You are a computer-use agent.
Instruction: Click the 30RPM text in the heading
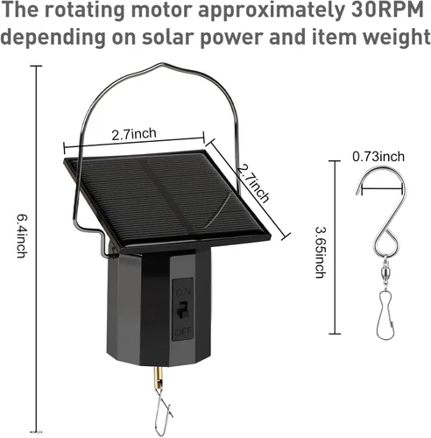(387, 10)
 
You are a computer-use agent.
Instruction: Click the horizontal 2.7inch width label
(134, 134)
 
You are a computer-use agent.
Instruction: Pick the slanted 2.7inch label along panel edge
(253, 183)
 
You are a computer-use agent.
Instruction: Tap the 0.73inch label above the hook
(378, 157)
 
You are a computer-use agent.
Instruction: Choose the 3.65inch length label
(321, 252)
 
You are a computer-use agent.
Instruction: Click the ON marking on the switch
(183, 291)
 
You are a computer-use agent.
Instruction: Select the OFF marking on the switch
(183, 332)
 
